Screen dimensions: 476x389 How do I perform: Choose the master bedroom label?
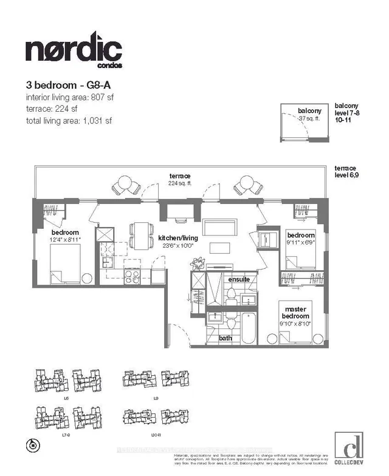tap(296, 313)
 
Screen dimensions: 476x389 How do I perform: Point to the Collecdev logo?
tap(349, 448)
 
